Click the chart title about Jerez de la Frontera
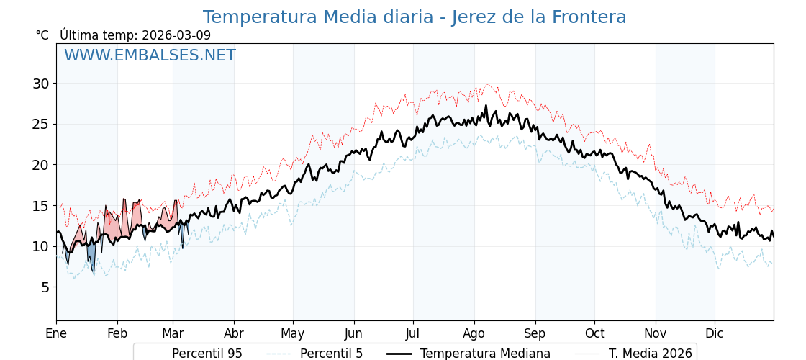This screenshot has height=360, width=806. pyautogui.click(x=414, y=17)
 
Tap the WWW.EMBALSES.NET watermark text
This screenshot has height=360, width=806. pyautogui.click(x=150, y=55)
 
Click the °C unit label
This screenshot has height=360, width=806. pyautogui.click(x=42, y=35)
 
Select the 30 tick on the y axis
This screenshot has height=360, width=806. pyautogui.click(x=40, y=84)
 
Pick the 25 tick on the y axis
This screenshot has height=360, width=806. pyautogui.click(x=40, y=124)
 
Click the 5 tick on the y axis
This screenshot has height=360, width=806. pyautogui.click(x=45, y=287)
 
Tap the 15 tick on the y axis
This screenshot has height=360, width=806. pyautogui.click(x=40, y=206)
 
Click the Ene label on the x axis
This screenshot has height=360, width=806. pyautogui.click(x=56, y=334)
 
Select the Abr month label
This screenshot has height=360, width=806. pyautogui.click(x=234, y=334)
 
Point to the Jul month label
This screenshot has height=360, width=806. pyautogui.click(x=413, y=334)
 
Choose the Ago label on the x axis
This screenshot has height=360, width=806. pyautogui.click(x=474, y=334)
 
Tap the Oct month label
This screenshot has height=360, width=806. pyautogui.click(x=594, y=334)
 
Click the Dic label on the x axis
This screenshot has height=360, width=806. pyautogui.click(x=715, y=334)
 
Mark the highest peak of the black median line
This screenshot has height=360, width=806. pyautogui.click(x=486, y=106)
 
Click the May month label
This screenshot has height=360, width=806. pyautogui.click(x=293, y=334)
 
